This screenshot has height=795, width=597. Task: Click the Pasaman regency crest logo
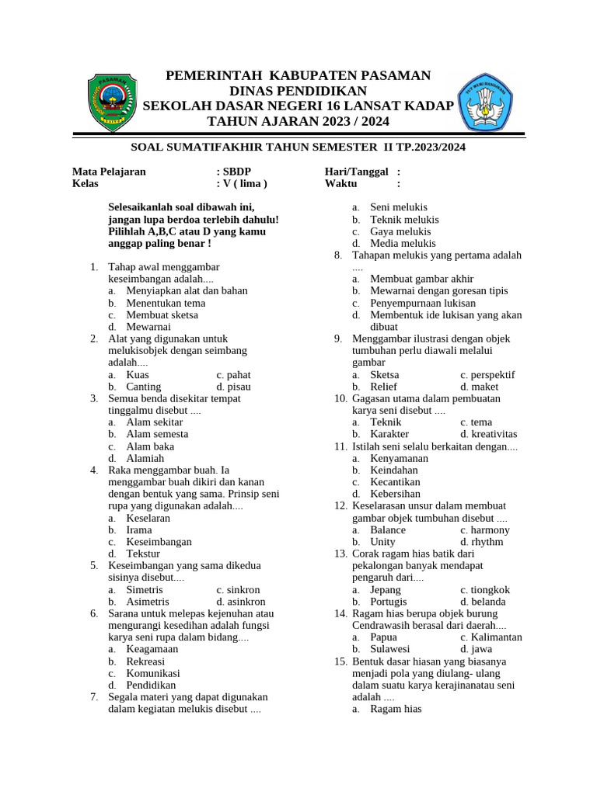(112, 102)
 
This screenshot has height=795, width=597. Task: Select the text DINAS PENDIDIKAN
(298, 91)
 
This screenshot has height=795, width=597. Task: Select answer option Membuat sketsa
(162, 315)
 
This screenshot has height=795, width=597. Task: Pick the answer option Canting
(144, 387)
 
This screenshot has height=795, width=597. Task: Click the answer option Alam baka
(150, 446)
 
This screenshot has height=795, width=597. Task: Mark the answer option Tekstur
(143, 554)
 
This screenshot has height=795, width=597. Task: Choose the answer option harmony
(489, 530)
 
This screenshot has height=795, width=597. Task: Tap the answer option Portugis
(389, 602)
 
